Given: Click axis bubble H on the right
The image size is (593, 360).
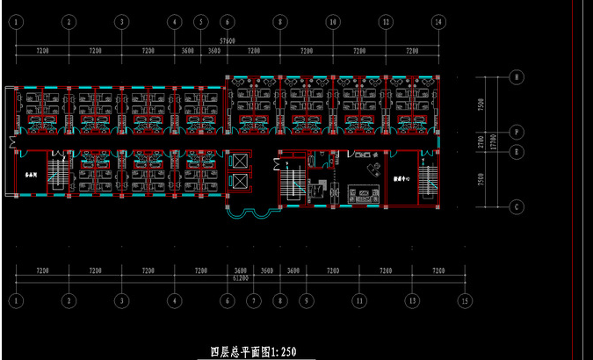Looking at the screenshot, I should (x=517, y=77).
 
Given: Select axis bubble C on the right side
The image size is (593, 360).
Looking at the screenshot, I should (x=517, y=206).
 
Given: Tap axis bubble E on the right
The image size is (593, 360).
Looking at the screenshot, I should (x=517, y=151).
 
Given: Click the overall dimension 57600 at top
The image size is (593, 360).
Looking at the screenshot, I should (x=228, y=41).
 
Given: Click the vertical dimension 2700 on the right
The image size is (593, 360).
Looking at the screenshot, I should (x=481, y=140).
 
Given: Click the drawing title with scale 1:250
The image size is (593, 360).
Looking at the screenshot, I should (x=252, y=351).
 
